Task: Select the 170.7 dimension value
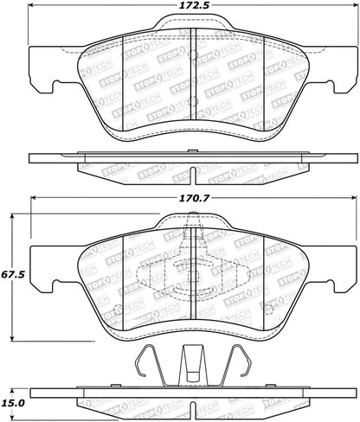coord(194,198)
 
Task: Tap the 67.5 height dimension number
coord(11,274)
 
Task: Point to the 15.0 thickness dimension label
coord(11,402)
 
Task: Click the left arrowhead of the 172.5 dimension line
coord(31,5)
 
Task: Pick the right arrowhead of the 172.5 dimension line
coord(354,5)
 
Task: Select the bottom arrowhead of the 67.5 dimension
coord(12,337)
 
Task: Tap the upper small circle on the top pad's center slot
coord(193,54)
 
